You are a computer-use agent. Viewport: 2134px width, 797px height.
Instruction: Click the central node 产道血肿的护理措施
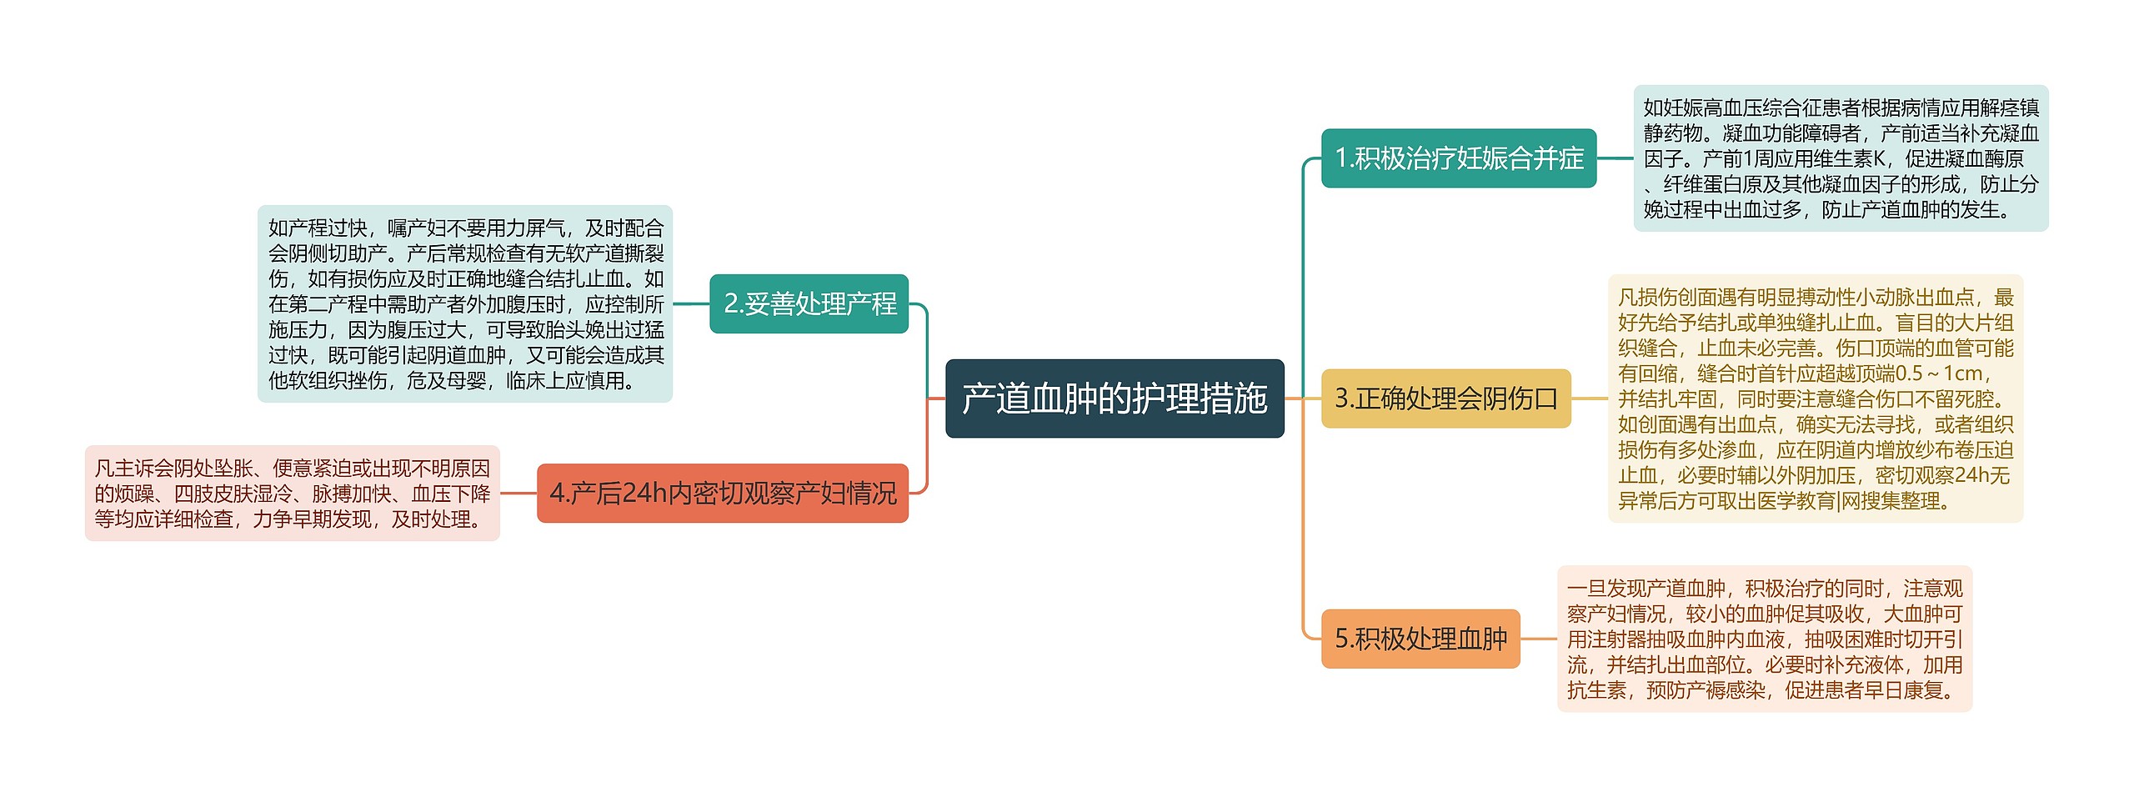click(1115, 398)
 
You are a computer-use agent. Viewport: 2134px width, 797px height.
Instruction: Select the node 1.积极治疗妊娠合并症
click(1458, 158)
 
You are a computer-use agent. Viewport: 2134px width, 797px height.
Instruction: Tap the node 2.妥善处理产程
click(809, 303)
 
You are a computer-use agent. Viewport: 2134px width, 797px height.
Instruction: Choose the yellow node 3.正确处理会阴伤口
click(1445, 398)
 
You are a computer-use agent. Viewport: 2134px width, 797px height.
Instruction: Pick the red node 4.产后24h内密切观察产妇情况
click(722, 494)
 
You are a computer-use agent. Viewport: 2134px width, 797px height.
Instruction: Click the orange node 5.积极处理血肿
click(1420, 639)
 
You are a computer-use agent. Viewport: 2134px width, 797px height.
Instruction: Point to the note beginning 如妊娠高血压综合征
click(1841, 158)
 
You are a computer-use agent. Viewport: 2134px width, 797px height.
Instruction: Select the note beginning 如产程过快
click(465, 304)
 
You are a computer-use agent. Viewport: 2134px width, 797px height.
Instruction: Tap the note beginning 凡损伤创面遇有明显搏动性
click(1815, 398)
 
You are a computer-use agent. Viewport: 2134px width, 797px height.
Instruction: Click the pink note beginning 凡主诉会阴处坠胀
click(292, 494)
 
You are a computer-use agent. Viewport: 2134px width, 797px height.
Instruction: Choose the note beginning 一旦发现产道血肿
click(1764, 639)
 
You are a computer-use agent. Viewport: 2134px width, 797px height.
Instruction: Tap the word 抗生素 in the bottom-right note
click(1596, 690)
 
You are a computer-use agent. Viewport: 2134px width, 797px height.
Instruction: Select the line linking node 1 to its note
click(1615, 158)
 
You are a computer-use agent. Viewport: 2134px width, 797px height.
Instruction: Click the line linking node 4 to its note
click(518, 494)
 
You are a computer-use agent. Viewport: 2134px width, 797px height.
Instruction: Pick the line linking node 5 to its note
click(1538, 639)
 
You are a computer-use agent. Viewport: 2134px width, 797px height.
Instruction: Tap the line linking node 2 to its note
click(691, 303)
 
